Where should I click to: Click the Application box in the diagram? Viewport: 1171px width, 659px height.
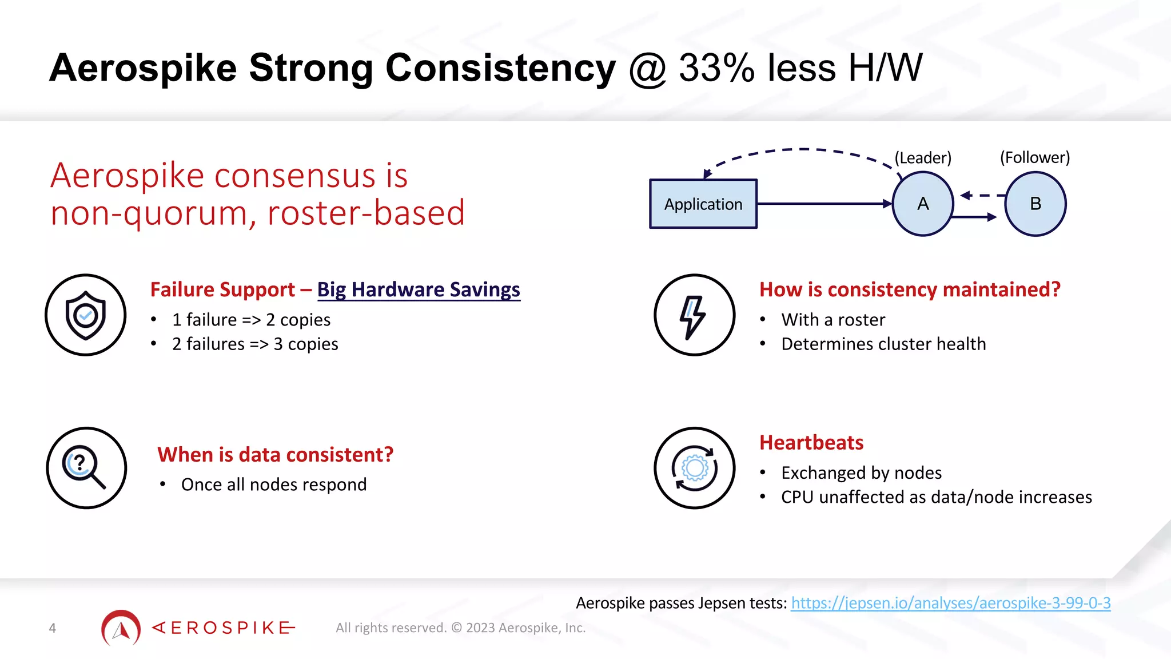click(703, 204)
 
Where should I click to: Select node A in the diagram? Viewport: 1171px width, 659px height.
click(923, 204)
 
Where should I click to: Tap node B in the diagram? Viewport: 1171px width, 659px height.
click(1035, 204)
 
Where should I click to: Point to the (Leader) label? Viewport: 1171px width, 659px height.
click(923, 158)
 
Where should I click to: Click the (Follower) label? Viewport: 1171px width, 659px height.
click(1035, 157)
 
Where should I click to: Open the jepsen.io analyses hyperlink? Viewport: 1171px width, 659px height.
click(950, 603)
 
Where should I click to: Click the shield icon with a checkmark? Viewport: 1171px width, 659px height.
click(86, 315)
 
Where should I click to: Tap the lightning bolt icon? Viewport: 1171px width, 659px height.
click(694, 315)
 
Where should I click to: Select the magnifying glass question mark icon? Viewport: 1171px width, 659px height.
click(86, 468)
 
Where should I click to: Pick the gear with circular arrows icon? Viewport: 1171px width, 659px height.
click(694, 468)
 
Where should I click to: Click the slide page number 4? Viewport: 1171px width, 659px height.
click(53, 628)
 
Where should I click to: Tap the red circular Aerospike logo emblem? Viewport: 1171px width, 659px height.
click(121, 628)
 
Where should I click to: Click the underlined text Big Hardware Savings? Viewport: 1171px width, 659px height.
click(419, 289)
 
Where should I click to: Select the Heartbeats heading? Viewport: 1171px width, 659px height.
click(811, 443)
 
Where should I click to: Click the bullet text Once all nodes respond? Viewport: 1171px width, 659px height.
click(274, 485)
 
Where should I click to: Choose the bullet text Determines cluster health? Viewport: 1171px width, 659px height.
click(883, 344)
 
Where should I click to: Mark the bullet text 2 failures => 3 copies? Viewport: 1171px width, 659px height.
click(255, 344)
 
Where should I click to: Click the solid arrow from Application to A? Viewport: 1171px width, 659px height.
click(823, 204)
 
